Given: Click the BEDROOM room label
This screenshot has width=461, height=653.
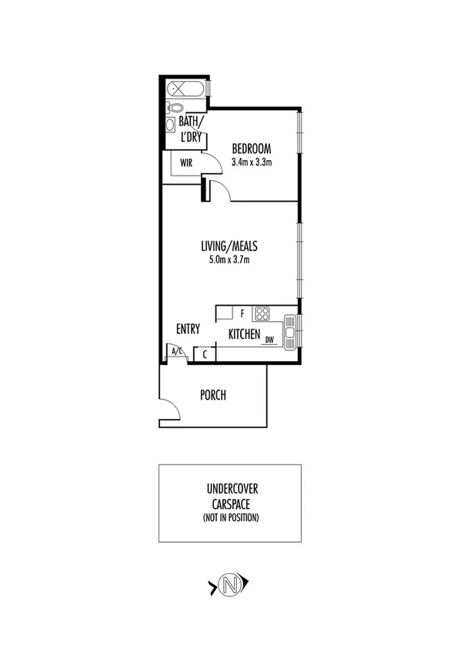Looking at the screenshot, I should pos(252,148).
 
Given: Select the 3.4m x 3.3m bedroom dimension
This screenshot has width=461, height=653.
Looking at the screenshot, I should pos(252,162).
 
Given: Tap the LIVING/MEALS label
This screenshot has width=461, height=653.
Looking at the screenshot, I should pos(229,246).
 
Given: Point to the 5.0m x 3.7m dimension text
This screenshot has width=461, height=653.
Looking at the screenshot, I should pos(229,260).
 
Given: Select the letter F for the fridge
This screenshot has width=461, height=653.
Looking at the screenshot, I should pos(242,313).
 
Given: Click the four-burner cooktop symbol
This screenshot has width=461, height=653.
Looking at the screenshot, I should pos(262,313).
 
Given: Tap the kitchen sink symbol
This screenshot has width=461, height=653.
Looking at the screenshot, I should pos(289,331).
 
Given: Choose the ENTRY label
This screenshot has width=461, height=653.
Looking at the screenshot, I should pos(188,329).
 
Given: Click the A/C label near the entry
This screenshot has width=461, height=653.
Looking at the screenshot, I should pos(176,353).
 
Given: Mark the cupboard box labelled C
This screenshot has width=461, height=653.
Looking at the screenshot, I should pos(205,354).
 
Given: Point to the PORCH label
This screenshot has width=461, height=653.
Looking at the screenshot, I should pos(212,396).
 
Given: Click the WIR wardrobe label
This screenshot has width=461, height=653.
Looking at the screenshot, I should pos(185,163).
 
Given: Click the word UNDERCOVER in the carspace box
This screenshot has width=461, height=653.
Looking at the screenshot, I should pos(232,488).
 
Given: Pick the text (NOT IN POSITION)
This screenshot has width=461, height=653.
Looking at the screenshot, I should pos(232,517).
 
